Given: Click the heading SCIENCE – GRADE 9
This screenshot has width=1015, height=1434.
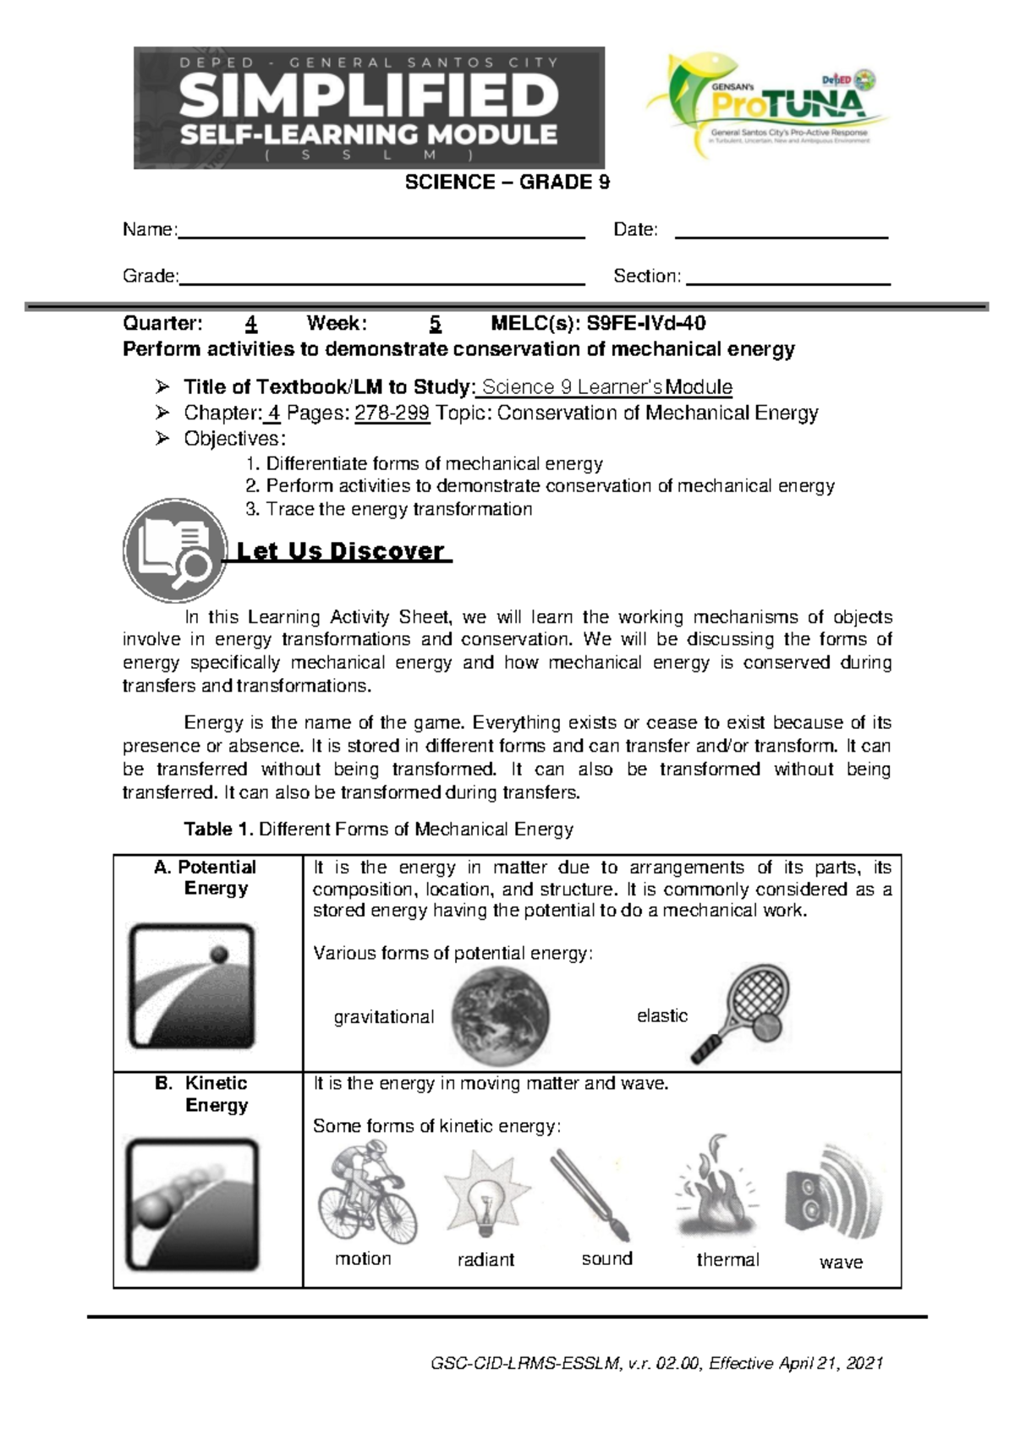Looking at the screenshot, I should click(x=507, y=182).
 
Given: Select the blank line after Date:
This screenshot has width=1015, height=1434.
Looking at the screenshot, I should click(x=781, y=236).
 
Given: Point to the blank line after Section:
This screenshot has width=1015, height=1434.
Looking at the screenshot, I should click(x=788, y=282).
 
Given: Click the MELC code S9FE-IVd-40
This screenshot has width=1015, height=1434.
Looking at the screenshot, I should click(x=646, y=323).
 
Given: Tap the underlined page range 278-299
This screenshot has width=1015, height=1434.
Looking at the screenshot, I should click(x=392, y=413).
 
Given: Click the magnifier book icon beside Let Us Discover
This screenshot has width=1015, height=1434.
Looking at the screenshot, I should click(x=174, y=550).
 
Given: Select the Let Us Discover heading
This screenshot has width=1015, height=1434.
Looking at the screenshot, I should click(x=340, y=551).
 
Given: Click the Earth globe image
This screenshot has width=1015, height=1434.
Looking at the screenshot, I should click(x=500, y=1015).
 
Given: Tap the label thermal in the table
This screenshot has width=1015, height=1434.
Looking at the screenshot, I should click(x=727, y=1260).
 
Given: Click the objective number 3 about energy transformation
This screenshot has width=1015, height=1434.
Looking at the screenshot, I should click(x=389, y=509).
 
